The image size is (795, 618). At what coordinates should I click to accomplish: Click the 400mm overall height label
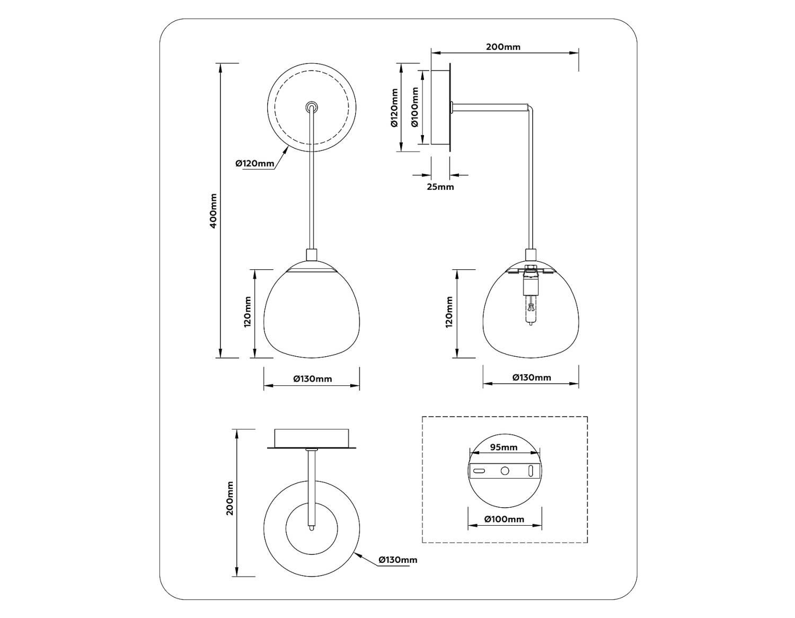pyautogui.click(x=213, y=210)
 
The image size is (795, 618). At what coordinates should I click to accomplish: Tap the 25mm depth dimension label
pyautogui.click(x=440, y=187)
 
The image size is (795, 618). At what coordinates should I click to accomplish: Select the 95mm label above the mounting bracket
pyautogui.click(x=503, y=447)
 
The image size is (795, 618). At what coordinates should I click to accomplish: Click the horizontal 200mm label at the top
pyautogui.click(x=503, y=47)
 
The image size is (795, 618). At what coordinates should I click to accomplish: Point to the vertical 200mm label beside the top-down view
pyautogui.click(x=229, y=498)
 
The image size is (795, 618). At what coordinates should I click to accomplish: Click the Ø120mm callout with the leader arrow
pyautogui.click(x=255, y=163)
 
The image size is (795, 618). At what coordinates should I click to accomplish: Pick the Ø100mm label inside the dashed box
pyautogui.click(x=504, y=519)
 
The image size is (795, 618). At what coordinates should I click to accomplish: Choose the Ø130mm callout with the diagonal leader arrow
pyautogui.click(x=397, y=560)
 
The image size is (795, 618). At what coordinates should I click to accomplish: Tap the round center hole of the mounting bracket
pyautogui.click(x=505, y=470)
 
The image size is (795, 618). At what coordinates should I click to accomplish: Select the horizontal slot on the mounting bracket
pyautogui.click(x=479, y=470)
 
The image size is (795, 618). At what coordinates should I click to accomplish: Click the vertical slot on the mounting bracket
pyautogui.click(x=531, y=470)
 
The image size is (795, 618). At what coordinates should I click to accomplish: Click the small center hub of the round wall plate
pyautogui.click(x=312, y=107)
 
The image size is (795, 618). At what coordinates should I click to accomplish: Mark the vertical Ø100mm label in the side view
pyautogui.click(x=414, y=107)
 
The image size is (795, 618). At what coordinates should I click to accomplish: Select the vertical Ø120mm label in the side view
pyautogui.click(x=394, y=108)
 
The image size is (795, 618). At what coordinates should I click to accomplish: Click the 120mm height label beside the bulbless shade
pyautogui.click(x=248, y=312)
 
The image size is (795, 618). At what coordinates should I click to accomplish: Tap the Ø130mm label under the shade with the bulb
pyautogui.click(x=532, y=377)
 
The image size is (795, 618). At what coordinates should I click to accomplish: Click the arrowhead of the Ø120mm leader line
pyautogui.click(x=287, y=149)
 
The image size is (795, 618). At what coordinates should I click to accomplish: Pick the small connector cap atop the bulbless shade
pyautogui.click(x=312, y=255)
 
